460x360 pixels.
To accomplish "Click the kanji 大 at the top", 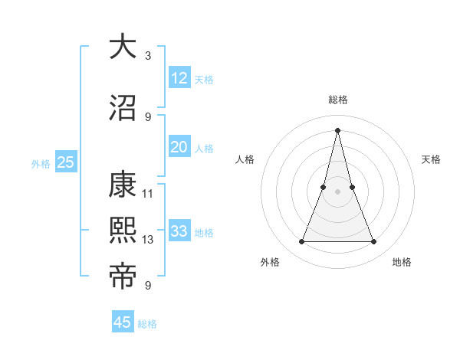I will pos(123,47).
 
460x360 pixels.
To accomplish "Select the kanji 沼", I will pos(123,108).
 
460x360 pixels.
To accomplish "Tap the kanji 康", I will pos(123,185).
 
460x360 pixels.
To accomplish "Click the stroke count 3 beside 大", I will pos(147,55).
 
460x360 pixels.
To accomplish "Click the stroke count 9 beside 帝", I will pos(147,285).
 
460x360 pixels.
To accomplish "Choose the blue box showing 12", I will pos(179,78).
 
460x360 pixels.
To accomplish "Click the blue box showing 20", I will pos(179,147).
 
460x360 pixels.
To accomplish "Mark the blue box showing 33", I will pos(179,231).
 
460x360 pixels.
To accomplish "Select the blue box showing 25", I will pos(65,162).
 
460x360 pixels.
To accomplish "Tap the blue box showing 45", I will pos(123,322).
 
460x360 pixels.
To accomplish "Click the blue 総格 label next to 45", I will pos(148,324).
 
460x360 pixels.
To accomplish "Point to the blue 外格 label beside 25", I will pos(41,163).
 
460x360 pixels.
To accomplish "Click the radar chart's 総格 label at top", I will pos(338,100).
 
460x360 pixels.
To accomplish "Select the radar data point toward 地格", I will pos(374,242).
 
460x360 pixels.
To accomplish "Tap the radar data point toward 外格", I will pos(302,242).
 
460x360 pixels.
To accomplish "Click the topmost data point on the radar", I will pos(338,129).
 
